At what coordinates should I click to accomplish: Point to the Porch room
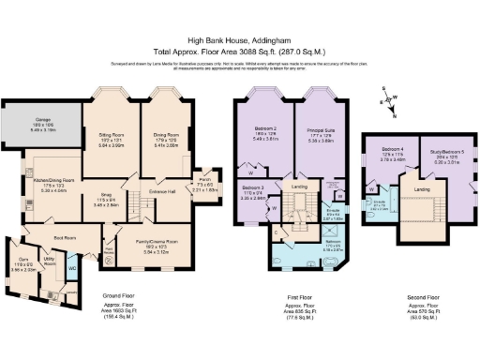(x=206, y=186)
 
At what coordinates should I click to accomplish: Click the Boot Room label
(x=65, y=238)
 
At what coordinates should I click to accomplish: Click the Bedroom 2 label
(x=268, y=135)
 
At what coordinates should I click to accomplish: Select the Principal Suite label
(x=321, y=135)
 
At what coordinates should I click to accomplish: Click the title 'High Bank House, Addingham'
(x=239, y=39)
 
